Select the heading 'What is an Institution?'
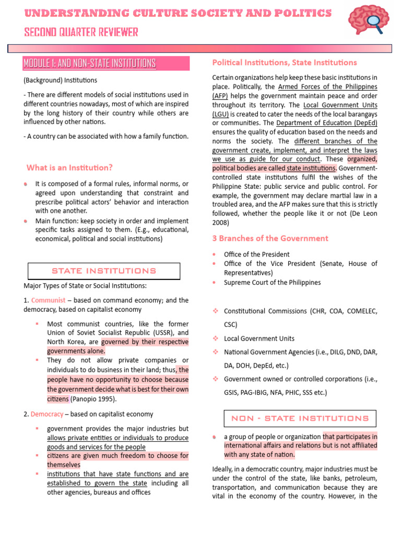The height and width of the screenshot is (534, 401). tap(69, 167)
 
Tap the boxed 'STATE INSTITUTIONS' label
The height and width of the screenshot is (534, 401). tap(103, 271)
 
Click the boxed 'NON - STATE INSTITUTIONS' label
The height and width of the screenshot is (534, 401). tap(300, 418)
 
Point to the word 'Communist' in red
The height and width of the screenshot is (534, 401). tap(48, 300)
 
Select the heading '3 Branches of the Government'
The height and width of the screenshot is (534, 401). tap(270, 238)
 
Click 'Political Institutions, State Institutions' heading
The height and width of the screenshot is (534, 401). tap(285, 63)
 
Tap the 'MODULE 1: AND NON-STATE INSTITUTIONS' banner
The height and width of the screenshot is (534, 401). tap(89, 64)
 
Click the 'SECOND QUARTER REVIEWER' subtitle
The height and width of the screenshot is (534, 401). tap(81, 33)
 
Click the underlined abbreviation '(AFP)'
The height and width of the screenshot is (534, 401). tap(220, 96)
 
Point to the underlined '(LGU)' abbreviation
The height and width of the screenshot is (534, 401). tap(220, 114)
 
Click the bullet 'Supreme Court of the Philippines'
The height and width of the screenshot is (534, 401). tap(272, 282)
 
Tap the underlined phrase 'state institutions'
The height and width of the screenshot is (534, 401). tap(311, 168)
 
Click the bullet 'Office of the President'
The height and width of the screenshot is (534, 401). tap(256, 254)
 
